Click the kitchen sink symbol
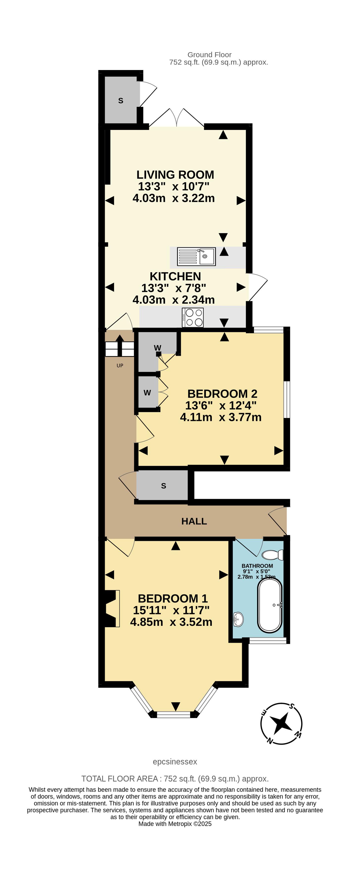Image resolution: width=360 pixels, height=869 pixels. (x=196, y=256)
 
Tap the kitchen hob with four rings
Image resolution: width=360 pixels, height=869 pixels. (x=193, y=317)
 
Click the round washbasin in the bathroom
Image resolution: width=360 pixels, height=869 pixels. (x=238, y=619)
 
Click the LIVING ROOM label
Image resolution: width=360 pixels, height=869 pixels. (x=175, y=175)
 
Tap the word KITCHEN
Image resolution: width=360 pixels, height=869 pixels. (x=175, y=276)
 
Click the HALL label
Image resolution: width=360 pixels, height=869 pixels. (x=194, y=521)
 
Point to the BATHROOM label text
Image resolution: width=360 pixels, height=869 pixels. (x=257, y=566)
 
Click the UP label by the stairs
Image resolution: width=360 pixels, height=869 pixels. (x=120, y=366)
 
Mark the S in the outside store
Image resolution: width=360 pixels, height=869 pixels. (x=120, y=100)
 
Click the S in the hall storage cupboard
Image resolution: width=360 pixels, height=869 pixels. (x=164, y=486)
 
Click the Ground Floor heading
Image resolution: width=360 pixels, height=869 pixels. (x=209, y=55)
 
